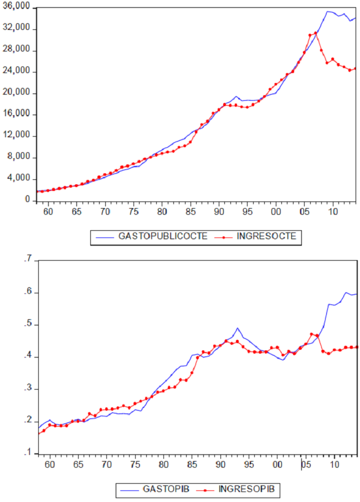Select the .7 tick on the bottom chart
(28, 260)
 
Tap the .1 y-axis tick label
(28, 454)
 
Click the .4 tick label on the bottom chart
(28, 357)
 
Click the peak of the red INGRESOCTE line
(316, 33)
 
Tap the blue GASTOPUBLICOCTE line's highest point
(328, 11)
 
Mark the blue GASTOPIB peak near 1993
(238, 328)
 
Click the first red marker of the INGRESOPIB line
(38, 433)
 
